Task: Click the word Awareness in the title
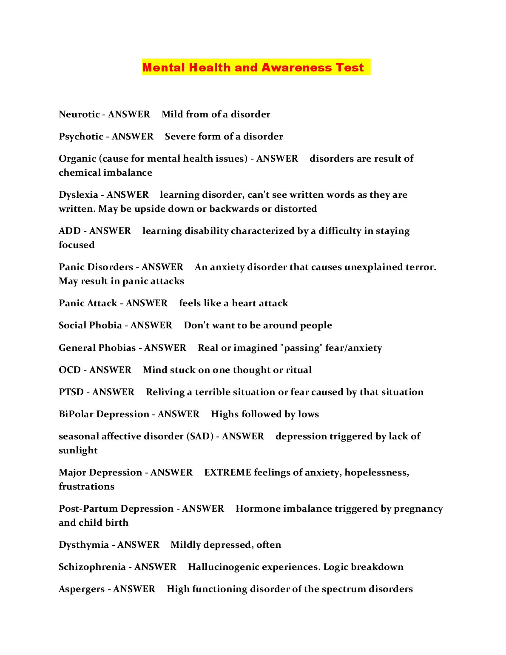click(296, 68)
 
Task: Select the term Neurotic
click(79, 114)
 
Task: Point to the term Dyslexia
click(78, 195)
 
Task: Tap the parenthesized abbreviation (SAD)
click(200, 436)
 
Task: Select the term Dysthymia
click(84, 545)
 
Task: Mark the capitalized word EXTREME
click(227, 473)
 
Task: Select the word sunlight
click(78, 450)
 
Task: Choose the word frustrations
click(86, 487)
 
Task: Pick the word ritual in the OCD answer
click(298, 370)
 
